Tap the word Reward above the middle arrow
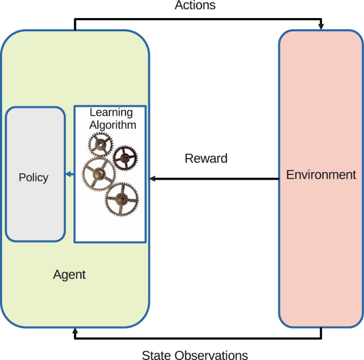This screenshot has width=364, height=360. [x=206, y=158]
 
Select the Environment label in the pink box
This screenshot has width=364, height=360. [x=321, y=174]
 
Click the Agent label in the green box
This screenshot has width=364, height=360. [x=69, y=275]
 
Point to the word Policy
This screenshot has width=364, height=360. [x=33, y=178]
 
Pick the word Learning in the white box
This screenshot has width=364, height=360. [x=111, y=113]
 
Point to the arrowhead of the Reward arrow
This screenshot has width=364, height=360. [x=152, y=179]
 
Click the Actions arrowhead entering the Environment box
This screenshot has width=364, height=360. [x=321, y=27]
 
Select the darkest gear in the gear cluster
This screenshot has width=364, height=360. [x=125, y=157]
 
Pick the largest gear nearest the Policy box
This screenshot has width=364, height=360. [x=98, y=174]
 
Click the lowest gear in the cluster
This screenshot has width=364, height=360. [x=122, y=198]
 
